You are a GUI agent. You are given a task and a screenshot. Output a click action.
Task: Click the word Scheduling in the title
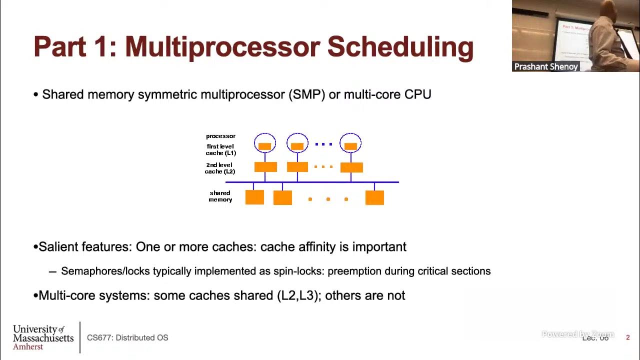(400, 46)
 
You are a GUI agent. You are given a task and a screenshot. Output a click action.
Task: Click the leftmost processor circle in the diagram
(265, 143)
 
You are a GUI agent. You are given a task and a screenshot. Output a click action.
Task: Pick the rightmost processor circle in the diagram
(350, 143)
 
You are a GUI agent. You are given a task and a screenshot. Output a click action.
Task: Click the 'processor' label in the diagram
(220, 136)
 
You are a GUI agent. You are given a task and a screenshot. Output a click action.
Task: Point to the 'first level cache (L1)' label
(220, 149)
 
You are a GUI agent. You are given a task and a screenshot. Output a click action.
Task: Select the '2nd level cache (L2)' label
(220, 168)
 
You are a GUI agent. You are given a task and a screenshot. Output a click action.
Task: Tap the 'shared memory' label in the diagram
(220, 196)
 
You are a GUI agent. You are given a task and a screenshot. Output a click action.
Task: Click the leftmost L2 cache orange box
(265, 167)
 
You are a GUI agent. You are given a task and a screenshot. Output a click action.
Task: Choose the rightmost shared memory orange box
(374, 197)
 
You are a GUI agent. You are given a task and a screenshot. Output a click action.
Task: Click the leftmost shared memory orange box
(254, 197)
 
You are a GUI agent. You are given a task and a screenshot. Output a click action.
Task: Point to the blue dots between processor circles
(323, 144)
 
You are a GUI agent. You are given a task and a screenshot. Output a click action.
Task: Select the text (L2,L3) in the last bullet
(297, 295)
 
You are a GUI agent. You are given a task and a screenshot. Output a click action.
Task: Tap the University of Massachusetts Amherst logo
(43, 337)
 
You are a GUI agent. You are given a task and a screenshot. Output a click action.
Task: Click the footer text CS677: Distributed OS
(127, 337)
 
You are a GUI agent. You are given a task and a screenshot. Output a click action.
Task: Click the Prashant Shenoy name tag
(546, 66)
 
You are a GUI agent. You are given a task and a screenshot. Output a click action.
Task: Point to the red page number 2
(628, 337)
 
